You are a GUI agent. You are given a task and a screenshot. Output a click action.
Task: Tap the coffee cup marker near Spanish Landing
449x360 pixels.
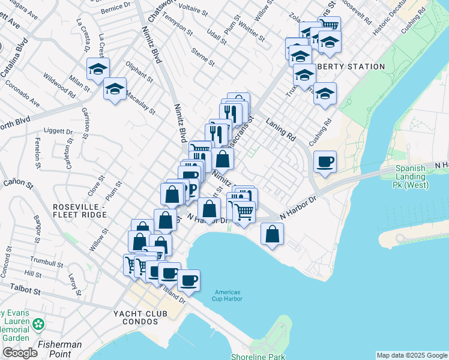(325, 162)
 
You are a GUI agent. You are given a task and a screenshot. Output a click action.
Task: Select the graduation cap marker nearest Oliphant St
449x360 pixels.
(114, 90)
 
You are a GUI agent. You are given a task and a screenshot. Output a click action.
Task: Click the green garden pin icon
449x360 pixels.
(39, 325)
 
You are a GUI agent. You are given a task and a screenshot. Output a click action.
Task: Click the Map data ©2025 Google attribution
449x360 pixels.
(412, 355)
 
